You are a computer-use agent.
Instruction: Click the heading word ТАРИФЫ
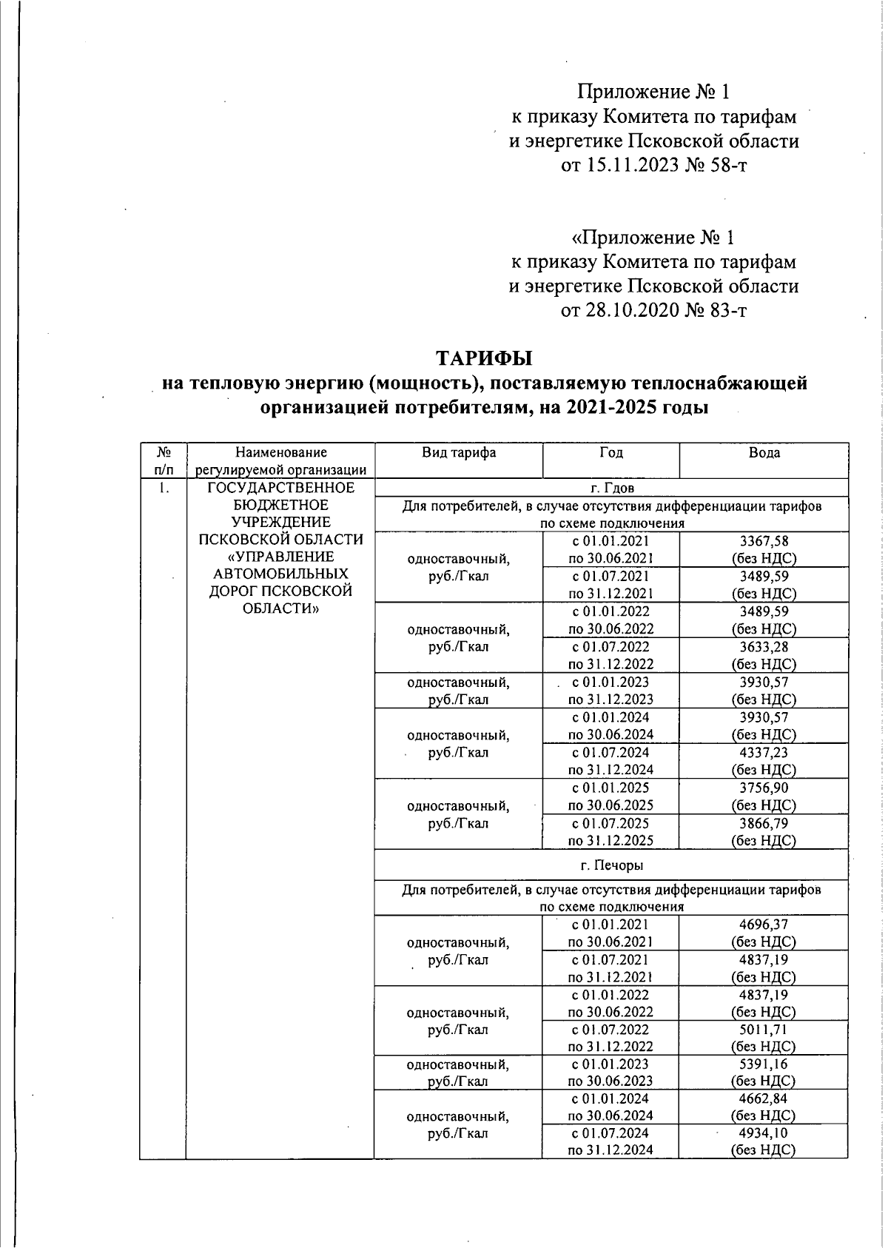click(x=484, y=358)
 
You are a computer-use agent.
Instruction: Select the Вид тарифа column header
click(x=458, y=452)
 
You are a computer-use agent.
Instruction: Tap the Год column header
click(x=610, y=452)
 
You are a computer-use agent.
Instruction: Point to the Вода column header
click(x=764, y=452)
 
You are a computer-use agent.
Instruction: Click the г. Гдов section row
click(x=611, y=488)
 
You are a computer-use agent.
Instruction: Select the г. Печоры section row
click(x=611, y=865)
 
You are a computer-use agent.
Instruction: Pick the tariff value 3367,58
click(x=764, y=541)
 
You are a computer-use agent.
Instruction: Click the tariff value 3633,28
click(x=764, y=647)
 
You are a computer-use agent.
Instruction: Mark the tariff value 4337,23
click(x=764, y=753)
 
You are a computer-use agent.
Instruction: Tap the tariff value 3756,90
click(x=764, y=788)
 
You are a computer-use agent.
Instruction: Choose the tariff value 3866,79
click(x=764, y=823)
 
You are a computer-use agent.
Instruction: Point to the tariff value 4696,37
click(x=764, y=925)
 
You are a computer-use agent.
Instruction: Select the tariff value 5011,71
click(x=764, y=1030)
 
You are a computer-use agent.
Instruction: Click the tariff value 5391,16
click(x=764, y=1064)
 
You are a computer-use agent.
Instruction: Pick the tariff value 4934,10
click(x=764, y=1133)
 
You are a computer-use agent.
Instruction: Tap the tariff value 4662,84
click(x=764, y=1099)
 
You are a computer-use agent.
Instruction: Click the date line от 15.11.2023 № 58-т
click(x=653, y=165)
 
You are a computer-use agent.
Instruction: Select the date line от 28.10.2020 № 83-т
click(x=653, y=309)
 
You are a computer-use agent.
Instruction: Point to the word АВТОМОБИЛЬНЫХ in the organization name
click(x=280, y=574)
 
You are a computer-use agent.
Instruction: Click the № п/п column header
click(x=164, y=460)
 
